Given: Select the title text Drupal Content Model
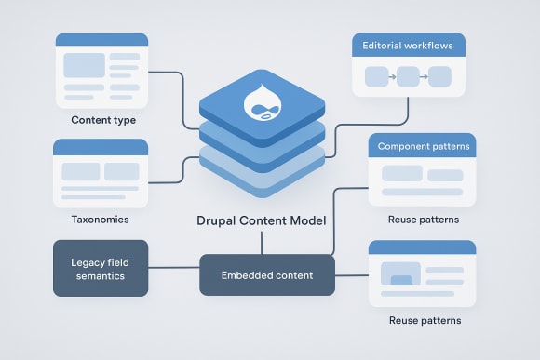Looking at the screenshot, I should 261,222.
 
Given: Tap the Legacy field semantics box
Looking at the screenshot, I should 100,269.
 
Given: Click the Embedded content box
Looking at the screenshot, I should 267,275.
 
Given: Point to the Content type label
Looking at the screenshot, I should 103,120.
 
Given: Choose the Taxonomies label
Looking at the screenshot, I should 100,220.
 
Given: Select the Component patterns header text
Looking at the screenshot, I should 424,147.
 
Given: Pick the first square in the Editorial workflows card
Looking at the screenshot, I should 375,76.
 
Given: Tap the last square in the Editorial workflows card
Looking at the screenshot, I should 439,76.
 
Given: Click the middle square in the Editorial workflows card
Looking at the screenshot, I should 408,76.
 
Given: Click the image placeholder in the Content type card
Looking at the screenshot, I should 84,66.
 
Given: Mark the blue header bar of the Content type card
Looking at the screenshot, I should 102,39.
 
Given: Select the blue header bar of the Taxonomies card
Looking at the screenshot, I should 101,146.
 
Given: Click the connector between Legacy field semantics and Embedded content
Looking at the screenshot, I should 174,269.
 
